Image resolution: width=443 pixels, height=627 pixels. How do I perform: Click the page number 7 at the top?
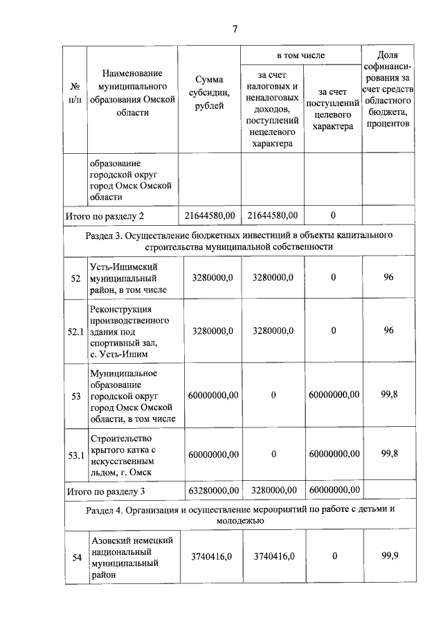tap(235, 29)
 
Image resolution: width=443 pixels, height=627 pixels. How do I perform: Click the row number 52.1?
tap(75, 331)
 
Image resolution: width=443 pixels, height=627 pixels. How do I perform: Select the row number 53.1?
tap(75, 454)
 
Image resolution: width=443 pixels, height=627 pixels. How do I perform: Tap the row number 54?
tap(77, 556)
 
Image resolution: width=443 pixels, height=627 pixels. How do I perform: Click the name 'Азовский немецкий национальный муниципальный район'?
tap(132, 557)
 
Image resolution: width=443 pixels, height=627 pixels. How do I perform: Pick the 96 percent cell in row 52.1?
tap(388, 330)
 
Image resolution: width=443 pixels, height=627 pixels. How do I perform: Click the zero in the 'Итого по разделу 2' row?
tap(333, 215)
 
